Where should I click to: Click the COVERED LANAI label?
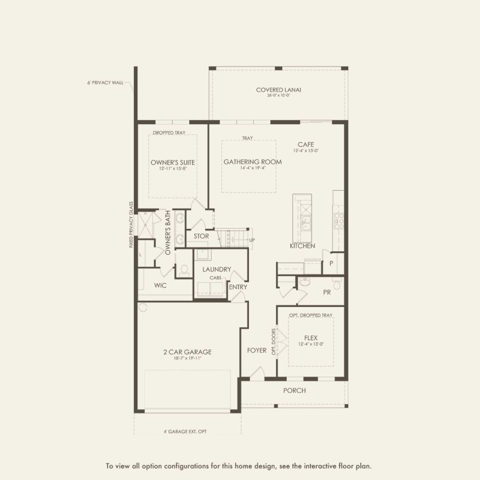279,90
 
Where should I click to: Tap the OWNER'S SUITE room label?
172,163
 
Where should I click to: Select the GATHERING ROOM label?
252,162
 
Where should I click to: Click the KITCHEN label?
302,246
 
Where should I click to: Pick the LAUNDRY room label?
217,269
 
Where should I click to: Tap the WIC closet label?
160,285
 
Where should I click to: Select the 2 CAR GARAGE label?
187,352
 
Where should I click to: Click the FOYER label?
257,351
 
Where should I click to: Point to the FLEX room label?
310,338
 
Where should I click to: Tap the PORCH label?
294,391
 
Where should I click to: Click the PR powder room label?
327,292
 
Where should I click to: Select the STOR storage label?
201,236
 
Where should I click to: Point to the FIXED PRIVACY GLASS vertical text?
131,225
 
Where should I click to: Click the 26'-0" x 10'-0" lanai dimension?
279,96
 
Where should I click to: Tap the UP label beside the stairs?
252,240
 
